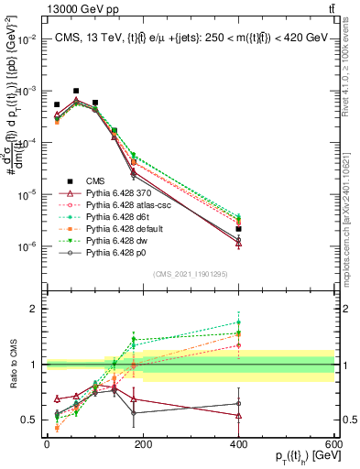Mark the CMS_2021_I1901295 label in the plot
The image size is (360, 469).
(191, 273)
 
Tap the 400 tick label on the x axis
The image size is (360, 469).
(238, 444)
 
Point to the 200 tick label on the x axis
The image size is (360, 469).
(143, 444)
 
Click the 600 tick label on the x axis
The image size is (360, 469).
(333, 444)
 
